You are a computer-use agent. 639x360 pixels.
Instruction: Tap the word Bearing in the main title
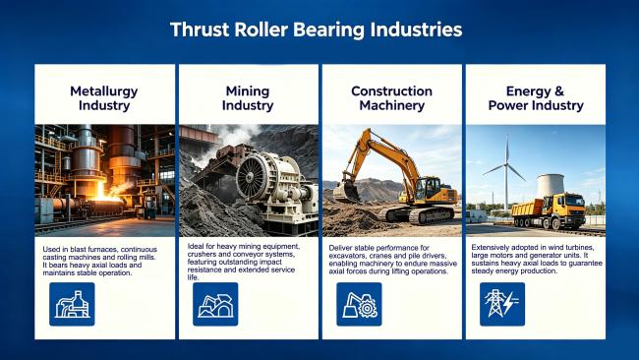[x=328, y=30]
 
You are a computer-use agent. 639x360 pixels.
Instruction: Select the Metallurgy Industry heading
[x=104, y=98]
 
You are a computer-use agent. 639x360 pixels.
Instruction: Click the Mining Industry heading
[x=248, y=98]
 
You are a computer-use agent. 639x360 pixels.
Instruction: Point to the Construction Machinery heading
[x=391, y=98]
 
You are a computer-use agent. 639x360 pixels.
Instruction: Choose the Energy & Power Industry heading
[x=536, y=98]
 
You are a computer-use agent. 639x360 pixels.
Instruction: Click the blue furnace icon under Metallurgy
[x=72, y=304]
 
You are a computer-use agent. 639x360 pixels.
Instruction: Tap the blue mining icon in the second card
[x=215, y=304]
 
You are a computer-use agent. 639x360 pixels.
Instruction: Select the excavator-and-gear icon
[x=359, y=304]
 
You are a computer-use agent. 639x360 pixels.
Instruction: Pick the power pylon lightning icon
[x=502, y=304]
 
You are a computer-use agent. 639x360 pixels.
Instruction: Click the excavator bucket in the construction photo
[x=347, y=192]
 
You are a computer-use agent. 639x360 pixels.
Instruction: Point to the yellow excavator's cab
[x=428, y=189]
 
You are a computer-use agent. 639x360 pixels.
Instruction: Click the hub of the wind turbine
[x=506, y=164]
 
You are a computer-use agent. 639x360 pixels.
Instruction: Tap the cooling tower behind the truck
[x=551, y=186]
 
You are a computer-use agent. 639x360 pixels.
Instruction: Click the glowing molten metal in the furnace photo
[x=104, y=196]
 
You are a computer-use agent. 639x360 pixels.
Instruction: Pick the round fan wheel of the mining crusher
[x=252, y=178]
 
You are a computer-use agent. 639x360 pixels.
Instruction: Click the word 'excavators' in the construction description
[x=346, y=256]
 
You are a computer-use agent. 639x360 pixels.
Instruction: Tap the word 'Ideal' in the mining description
[x=195, y=246]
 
